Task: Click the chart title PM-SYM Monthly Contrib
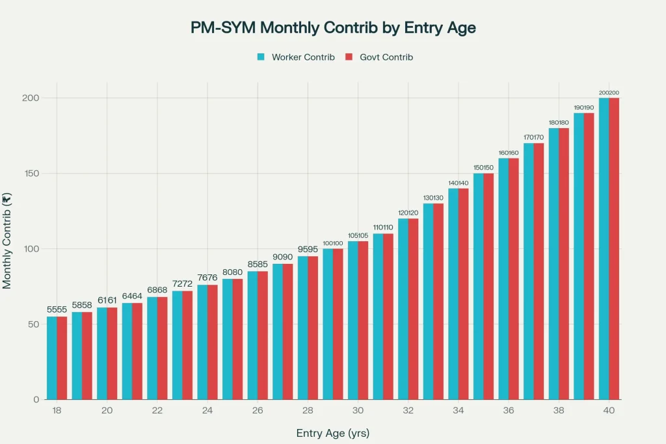333,28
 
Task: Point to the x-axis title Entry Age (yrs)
333,433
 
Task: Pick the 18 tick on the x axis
57,411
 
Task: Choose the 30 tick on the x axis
358,411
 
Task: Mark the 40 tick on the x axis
609,411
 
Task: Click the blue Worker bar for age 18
51,358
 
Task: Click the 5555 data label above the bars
57,309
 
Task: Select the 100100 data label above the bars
332,242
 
